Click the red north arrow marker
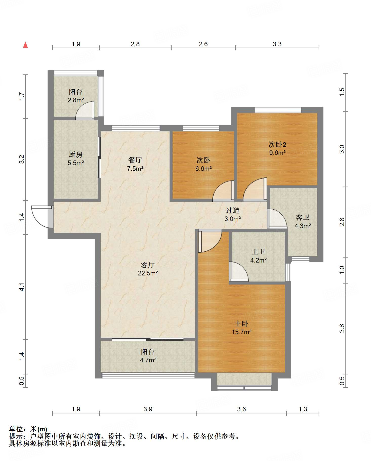25,45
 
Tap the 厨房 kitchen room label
76,154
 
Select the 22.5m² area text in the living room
148,273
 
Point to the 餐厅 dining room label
135,160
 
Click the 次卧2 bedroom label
277,145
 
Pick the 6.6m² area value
203,169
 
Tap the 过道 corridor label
233,210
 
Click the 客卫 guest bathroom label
303,217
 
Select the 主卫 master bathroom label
258,252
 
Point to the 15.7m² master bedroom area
242,332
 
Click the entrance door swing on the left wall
42,217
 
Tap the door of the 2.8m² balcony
85,110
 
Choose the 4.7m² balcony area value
148,360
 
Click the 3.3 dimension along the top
277,44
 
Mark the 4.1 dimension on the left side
22,287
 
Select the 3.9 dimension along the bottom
148,409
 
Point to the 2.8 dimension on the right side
342,222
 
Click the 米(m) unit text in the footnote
39,429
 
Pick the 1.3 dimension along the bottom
303,409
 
